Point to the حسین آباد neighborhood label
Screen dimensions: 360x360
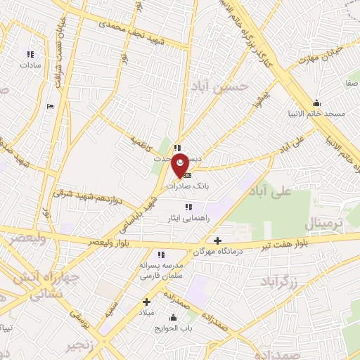click(x=219, y=86)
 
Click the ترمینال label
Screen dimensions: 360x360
click(x=323, y=224)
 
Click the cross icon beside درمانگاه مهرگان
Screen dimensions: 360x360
click(x=218, y=241)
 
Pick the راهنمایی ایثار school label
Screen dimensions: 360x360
click(x=188, y=217)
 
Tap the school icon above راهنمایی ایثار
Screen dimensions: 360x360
click(x=188, y=207)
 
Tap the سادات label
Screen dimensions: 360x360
click(x=31, y=65)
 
